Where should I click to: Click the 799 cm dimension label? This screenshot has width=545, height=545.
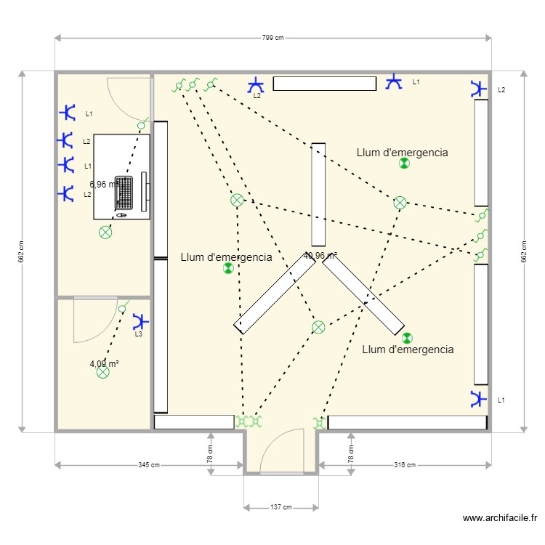tap(272, 38)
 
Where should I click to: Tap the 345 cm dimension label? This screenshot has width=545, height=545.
tap(149, 465)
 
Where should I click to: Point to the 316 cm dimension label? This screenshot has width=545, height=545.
tap(405, 465)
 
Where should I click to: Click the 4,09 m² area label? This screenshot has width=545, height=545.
tap(104, 363)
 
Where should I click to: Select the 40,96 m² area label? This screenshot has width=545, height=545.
tap(320, 256)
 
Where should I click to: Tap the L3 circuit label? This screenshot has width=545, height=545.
tap(138, 334)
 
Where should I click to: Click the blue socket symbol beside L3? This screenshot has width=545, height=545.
tap(140, 320)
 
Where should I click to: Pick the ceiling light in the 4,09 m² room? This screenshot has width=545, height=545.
tap(103, 372)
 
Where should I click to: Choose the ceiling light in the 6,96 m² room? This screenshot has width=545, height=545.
tap(106, 233)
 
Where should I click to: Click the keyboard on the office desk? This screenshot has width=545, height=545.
tap(125, 193)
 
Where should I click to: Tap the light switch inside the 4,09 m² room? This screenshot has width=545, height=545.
tap(122, 309)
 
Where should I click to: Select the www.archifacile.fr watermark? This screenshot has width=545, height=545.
tap(500, 518)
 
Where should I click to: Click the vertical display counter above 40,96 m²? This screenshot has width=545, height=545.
tap(318, 194)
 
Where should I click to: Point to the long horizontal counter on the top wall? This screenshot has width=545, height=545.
tap(324, 83)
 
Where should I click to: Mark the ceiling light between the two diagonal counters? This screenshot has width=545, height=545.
tap(318, 327)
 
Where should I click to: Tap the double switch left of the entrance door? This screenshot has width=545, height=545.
tap(248, 421)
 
